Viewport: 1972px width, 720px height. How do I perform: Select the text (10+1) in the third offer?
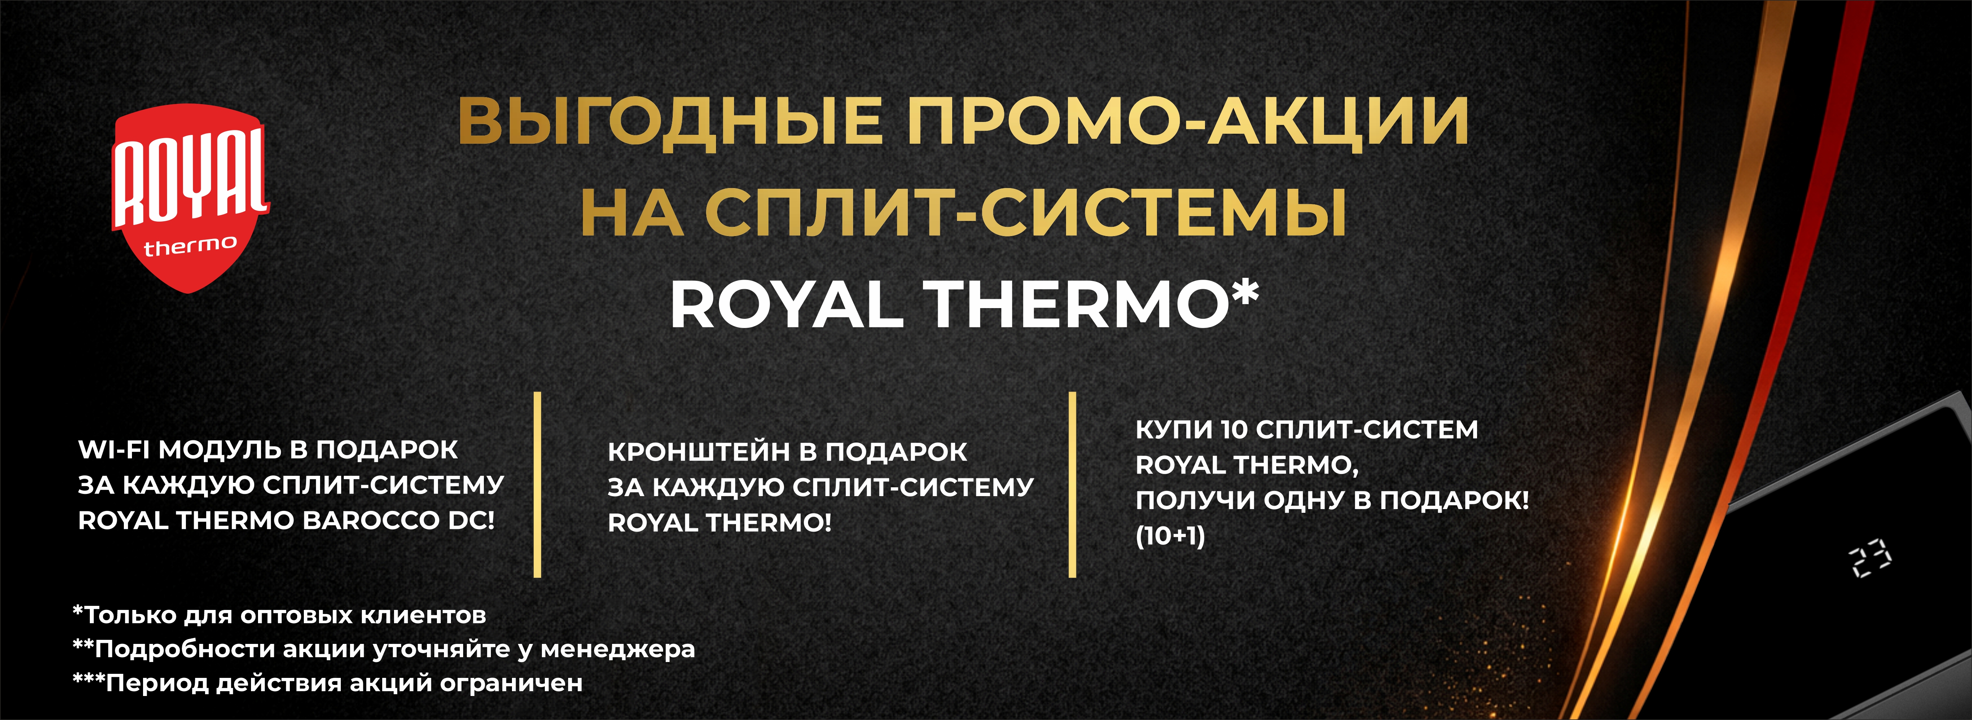[1171, 536]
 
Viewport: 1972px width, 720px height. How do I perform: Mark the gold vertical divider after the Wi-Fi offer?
[537, 484]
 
